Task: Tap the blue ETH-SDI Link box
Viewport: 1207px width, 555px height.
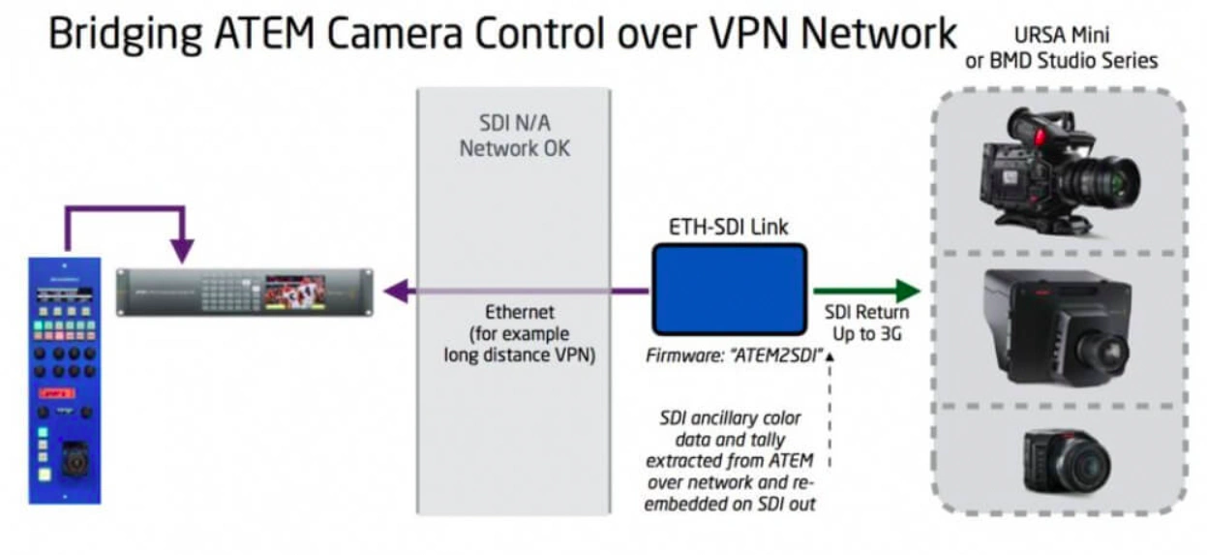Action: [x=730, y=289]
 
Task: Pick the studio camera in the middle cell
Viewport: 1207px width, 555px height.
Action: [x=1055, y=326]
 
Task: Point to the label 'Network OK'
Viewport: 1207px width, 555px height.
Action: [x=513, y=149]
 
